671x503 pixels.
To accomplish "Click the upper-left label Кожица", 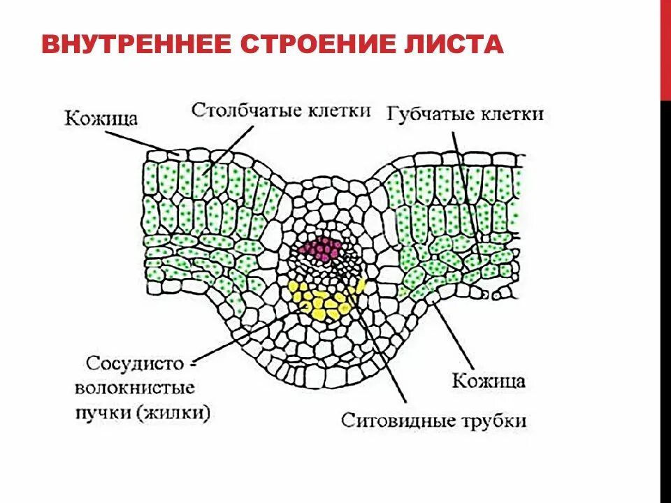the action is [101, 117].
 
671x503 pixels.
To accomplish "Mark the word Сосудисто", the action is [135, 364].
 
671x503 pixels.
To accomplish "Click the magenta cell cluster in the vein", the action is [320, 249].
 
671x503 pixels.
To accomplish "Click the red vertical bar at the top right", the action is [665, 49].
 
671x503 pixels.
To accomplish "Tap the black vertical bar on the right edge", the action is [665, 300].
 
